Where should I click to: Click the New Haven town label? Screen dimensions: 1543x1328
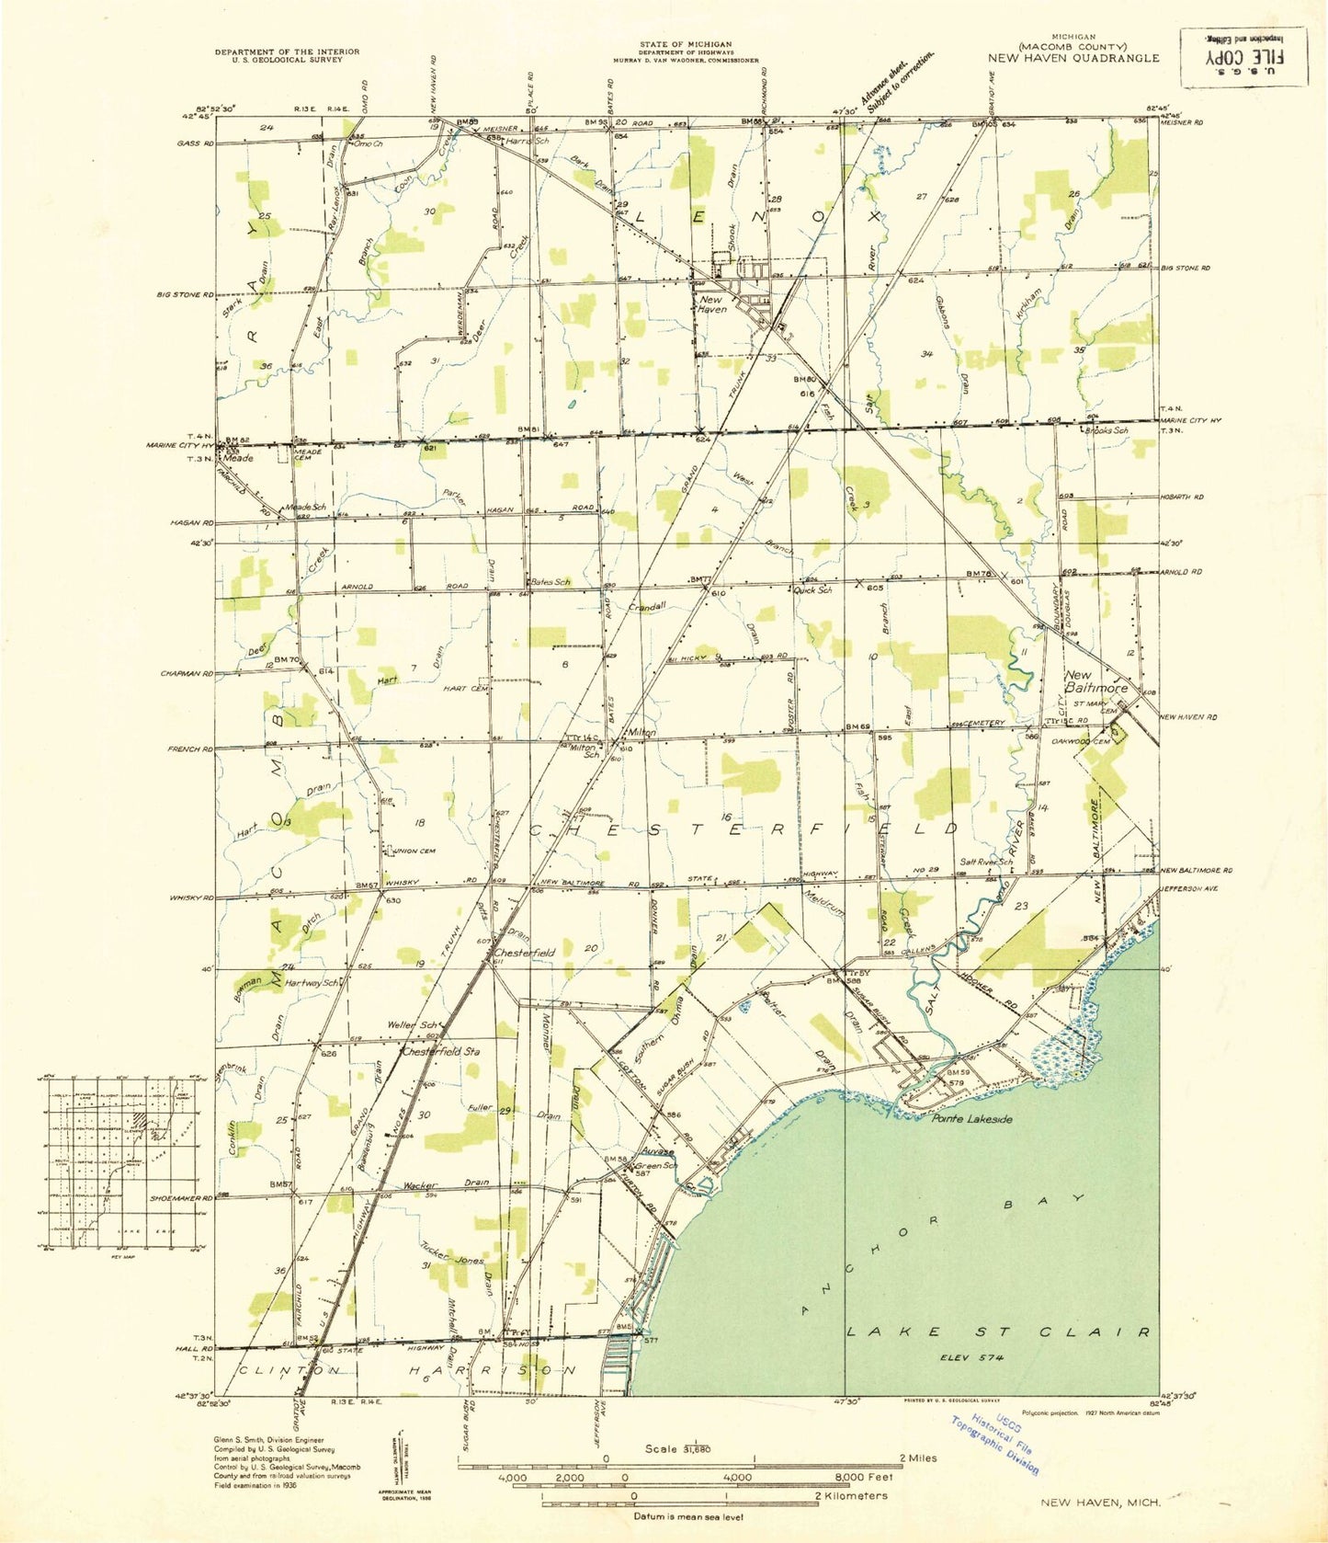712,304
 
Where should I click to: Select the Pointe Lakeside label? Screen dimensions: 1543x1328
971,1119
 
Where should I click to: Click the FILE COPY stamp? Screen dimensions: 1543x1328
1243,56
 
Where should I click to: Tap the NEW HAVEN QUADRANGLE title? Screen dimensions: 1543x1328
1073,57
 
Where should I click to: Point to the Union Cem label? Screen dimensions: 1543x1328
414,851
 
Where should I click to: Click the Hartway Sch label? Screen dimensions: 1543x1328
313,982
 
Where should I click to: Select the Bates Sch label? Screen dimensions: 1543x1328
550,582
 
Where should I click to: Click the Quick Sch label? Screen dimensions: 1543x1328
813,589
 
